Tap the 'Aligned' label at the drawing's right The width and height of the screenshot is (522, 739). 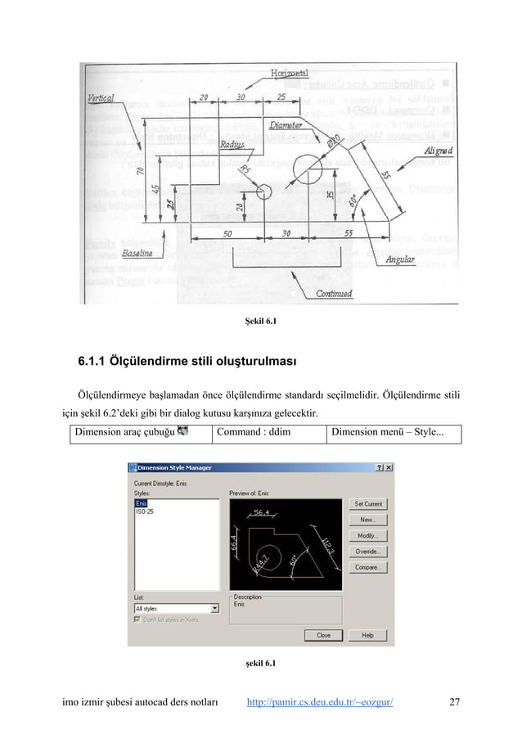coord(440,150)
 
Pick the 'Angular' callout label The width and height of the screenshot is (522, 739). coord(400,259)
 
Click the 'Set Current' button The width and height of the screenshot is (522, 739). coord(367,503)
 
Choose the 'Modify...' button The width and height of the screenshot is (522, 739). coord(367,535)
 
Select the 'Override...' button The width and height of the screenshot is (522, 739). coord(367,551)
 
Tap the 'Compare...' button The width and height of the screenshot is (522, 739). coord(367,566)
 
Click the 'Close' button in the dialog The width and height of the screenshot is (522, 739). coord(323,635)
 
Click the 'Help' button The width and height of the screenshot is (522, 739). coord(367,635)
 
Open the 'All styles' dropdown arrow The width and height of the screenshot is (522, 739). coord(214,609)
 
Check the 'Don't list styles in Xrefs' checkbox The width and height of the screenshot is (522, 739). coord(137,620)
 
